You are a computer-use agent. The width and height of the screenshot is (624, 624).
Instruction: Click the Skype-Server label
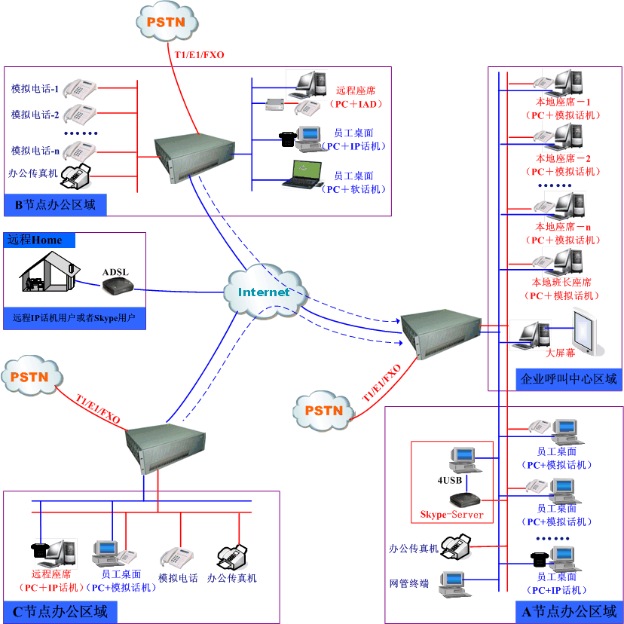(x=451, y=515)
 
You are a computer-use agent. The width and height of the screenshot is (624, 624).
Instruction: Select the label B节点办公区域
(x=55, y=204)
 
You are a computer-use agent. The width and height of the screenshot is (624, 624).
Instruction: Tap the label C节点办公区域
(x=60, y=610)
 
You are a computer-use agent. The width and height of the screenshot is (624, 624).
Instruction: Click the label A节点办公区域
(x=569, y=611)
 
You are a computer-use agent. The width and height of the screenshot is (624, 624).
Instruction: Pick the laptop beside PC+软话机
(x=301, y=173)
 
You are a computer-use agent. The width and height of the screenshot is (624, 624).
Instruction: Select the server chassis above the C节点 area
(x=166, y=446)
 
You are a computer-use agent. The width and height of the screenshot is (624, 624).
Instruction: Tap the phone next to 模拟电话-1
(x=78, y=88)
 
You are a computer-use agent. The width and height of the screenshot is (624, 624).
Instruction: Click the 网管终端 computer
(x=453, y=585)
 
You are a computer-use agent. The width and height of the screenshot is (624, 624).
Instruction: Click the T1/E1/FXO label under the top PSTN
(x=199, y=54)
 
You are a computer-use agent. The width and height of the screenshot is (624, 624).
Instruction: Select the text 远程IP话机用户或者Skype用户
(x=74, y=318)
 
